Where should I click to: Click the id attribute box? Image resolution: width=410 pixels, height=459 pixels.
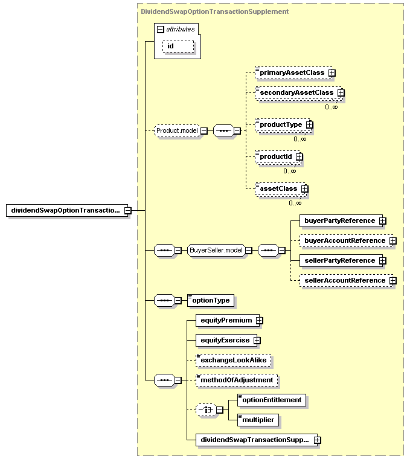(178, 47)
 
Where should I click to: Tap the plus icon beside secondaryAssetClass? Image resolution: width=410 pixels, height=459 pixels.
(341, 93)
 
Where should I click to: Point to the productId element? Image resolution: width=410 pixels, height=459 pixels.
(277, 157)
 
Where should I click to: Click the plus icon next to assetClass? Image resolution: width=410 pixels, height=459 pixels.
(305, 189)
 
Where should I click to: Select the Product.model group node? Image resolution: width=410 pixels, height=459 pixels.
(177, 130)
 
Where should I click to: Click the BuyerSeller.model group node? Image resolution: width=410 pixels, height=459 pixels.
(216, 250)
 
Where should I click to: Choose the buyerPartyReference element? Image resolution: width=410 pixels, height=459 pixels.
(341, 220)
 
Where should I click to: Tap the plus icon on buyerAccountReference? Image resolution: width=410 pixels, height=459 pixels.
(392, 240)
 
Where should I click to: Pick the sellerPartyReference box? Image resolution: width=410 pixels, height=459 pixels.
(341, 260)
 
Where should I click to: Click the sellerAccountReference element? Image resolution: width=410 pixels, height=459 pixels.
(346, 280)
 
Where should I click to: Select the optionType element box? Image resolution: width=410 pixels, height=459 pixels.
(211, 300)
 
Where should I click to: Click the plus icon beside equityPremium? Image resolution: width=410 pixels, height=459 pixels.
(259, 321)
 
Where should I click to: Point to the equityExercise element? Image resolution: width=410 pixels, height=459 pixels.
(226, 340)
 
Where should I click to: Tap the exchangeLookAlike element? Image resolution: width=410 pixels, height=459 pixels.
(233, 360)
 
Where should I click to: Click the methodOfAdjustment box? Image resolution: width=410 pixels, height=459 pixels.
(237, 380)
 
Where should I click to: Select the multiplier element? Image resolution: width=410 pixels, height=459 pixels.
(258, 420)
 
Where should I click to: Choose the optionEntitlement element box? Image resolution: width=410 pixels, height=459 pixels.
(272, 400)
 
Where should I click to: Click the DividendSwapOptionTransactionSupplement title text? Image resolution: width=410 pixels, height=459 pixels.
(215, 11)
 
